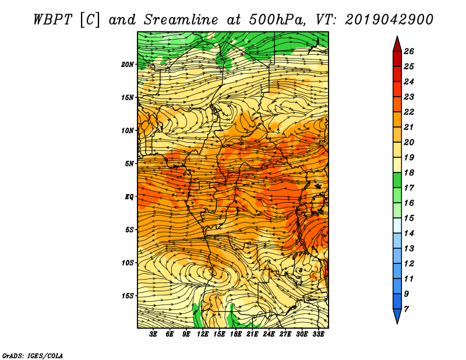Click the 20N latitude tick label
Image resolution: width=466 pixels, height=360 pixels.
(127, 65)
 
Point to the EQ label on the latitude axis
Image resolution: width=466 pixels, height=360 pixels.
(129, 197)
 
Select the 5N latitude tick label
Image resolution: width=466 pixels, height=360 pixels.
(129, 164)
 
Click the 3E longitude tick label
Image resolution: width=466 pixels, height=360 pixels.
(153, 334)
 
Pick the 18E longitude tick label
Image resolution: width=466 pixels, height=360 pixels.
(236, 334)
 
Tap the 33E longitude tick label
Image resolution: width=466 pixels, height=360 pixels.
(318, 334)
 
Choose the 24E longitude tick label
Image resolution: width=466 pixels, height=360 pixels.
(269, 334)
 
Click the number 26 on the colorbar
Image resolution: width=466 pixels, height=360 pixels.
(409, 51)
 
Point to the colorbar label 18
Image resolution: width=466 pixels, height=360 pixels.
(409, 172)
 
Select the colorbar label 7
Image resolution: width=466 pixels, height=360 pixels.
(406, 309)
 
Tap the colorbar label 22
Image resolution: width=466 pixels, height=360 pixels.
(409, 112)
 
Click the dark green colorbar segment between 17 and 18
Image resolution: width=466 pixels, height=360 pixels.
(397, 180)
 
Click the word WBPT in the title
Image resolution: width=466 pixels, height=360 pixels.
(52, 20)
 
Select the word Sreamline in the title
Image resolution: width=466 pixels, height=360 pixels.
(181, 20)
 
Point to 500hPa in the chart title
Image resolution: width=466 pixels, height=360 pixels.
(277, 20)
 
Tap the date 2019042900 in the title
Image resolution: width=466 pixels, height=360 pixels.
(389, 20)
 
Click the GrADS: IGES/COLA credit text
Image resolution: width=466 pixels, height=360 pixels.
(33, 356)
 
